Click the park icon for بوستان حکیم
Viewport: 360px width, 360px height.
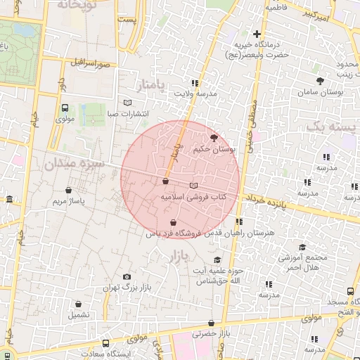click(214, 138)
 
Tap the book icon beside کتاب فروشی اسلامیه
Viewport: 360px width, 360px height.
click(194, 186)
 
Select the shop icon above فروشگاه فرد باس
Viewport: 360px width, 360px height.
click(172, 223)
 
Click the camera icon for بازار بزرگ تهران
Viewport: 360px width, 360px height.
click(127, 277)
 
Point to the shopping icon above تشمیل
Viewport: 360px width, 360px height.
click(79, 304)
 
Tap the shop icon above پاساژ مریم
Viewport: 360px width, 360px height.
click(68, 190)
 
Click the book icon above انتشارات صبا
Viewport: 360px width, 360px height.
click(127, 103)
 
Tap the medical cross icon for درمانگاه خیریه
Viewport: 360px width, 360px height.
click(257, 34)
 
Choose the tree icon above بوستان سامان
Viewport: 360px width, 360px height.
click(320, 81)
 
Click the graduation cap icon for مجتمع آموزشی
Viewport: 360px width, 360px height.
click(302, 247)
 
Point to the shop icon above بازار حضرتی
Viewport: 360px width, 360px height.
click(211, 323)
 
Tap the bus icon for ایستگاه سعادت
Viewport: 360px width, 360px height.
click(105, 344)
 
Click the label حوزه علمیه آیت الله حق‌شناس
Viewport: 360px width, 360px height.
click(218, 276)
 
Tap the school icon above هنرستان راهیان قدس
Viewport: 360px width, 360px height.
click(239, 222)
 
